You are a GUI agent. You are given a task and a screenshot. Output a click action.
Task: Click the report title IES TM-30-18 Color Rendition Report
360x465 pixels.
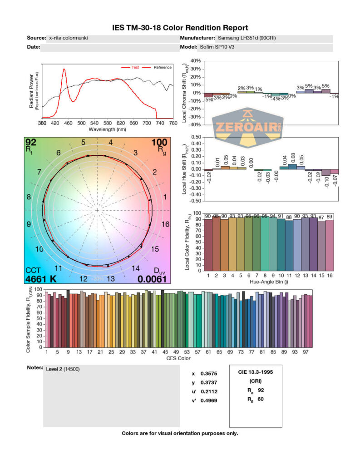(180, 28)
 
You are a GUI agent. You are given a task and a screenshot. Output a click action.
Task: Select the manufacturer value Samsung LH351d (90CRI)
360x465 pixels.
(247, 38)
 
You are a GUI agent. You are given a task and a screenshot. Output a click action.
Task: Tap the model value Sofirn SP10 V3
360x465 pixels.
(219, 47)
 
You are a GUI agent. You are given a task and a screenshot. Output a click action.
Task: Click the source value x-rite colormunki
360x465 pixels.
(68, 38)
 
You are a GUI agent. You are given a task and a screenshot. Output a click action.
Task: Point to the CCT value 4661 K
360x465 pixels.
(41, 279)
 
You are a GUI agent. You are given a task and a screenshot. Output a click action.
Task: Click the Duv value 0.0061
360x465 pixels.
(153, 279)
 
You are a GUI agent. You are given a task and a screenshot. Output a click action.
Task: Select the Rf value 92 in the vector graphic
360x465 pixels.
(31, 142)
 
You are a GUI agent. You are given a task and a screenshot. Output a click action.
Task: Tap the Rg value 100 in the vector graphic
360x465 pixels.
(159, 142)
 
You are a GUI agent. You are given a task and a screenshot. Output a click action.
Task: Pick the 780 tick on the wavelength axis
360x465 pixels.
(173, 123)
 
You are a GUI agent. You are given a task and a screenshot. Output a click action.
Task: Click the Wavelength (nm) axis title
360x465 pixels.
(107, 129)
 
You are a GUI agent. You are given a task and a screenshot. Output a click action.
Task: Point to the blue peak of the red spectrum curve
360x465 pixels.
(64, 69)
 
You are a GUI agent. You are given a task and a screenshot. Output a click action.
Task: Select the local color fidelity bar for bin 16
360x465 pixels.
(329, 245)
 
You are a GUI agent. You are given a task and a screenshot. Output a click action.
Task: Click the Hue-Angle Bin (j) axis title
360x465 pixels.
(271, 282)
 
